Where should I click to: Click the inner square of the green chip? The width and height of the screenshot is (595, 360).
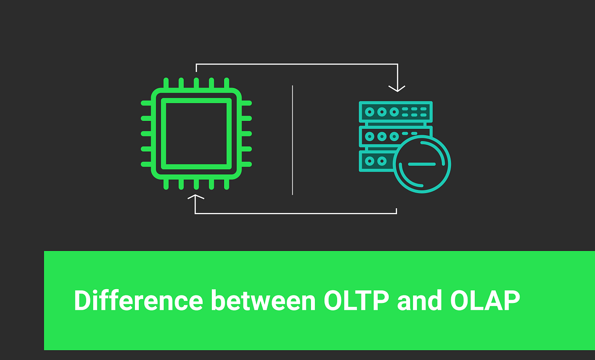tap(196, 134)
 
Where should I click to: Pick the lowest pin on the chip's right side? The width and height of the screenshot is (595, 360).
tap(246, 164)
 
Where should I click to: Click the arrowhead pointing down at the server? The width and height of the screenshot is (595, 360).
tap(397, 88)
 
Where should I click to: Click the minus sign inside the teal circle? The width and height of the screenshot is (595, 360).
tap(422, 164)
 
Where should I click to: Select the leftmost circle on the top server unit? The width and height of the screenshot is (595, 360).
tap(370, 112)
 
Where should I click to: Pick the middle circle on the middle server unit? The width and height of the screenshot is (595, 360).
tap(382, 136)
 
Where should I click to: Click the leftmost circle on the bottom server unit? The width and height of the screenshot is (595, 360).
tap(370, 161)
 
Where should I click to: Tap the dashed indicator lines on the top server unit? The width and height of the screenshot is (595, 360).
tap(415, 112)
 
